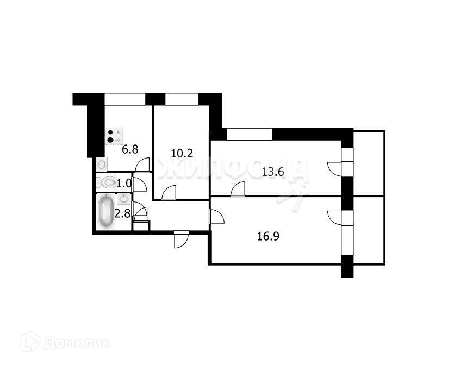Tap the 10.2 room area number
point(182,153)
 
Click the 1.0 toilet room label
point(124,183)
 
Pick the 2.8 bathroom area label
point(124,213)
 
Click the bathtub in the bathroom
point(106,211)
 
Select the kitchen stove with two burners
point(114,136)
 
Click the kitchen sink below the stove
point(101,163)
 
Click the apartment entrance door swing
point(180,239)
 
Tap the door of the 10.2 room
point(169,193)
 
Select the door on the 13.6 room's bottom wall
point(237,189)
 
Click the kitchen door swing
point(142,165)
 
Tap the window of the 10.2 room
point(182,99)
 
